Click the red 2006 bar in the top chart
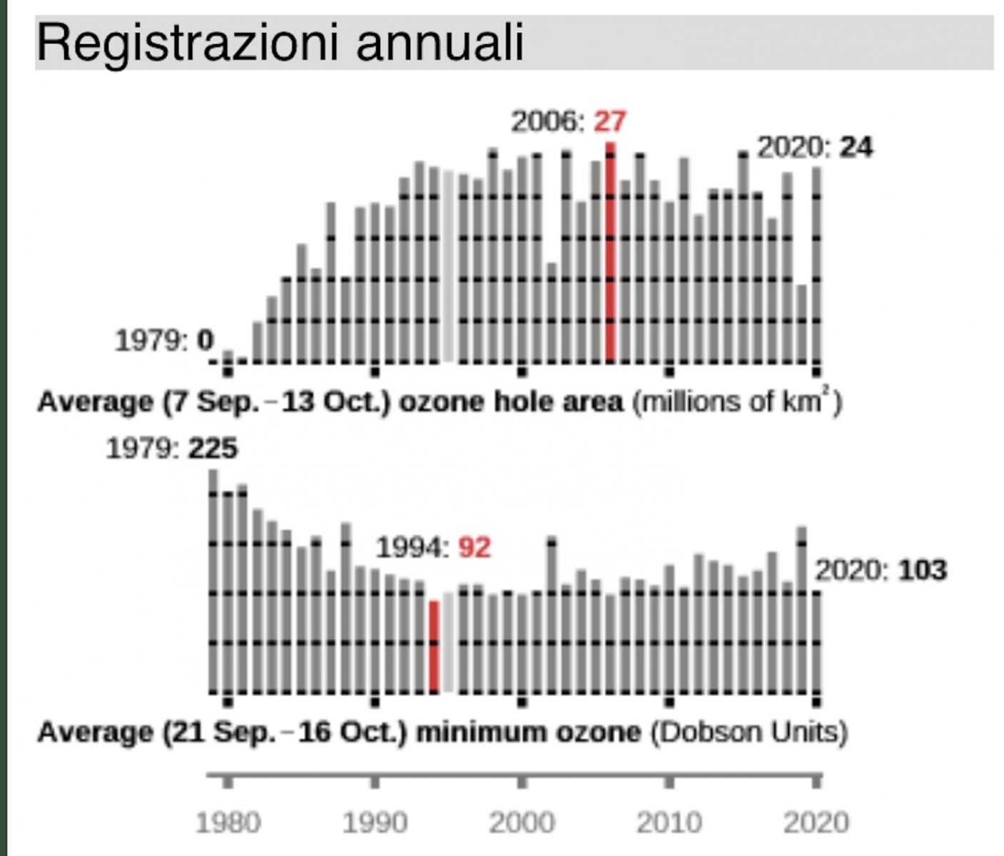coord(610,253)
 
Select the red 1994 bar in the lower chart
coord(433,646)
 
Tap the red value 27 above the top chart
coord(609,121)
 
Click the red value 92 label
coord(475,548)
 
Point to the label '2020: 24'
coord(814,148)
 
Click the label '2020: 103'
coord(881,570)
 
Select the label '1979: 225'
coord(171,449)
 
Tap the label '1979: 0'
coord(164,340)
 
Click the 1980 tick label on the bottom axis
coord(228,822)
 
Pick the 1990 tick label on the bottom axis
coord(375,822)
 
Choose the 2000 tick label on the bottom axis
coord(522,822)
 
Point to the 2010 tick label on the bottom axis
coord(669,822)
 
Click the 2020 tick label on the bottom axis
coord(816,822)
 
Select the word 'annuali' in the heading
coord(440,43)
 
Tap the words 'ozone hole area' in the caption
coord(510,402)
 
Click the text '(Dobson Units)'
coord(749,732)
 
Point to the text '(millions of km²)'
coord(736,402)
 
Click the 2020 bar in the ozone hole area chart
coord(816,264)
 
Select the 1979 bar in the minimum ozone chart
coord(213,581)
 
